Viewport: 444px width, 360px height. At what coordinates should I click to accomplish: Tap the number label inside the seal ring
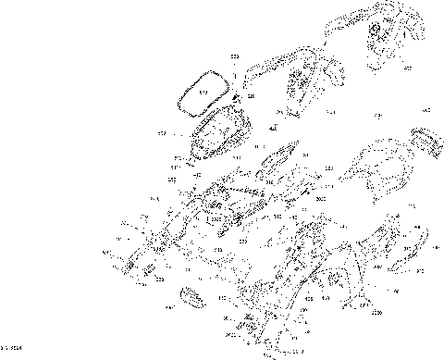203,93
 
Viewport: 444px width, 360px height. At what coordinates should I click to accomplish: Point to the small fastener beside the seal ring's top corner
238,98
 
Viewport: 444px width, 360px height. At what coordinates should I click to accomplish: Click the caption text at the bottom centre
285,353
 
